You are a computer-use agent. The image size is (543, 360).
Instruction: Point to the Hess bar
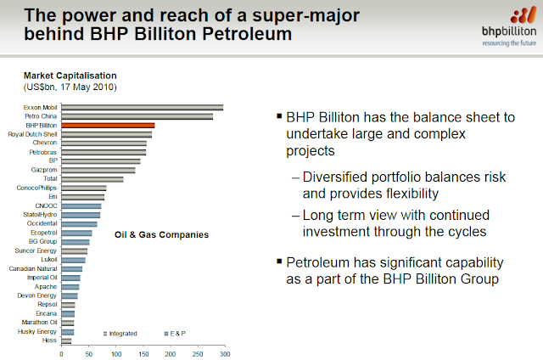pyautogui.click(x=66, y=340)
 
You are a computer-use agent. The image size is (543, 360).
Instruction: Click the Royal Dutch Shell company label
pyautogui.click(x=32, y=134)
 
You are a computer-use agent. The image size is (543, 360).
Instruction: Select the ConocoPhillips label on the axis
pyautogui.click(x=37, y=188)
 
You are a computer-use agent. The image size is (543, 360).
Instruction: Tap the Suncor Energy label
pyautogui.click(x=37, y=250)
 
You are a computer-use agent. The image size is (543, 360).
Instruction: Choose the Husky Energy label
pyautogui.click(x=38, y=331)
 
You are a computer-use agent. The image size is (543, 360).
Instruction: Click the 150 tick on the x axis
pyautogui.click(x=143, y=352)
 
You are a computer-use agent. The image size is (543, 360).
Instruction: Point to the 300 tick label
pyautogui.click(x=224, y=352)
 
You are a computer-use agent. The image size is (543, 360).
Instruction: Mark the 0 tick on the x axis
pyautogui.click(x=61, y=352)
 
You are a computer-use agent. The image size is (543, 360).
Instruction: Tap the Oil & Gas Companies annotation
pyautogui.click(x=161, y=234)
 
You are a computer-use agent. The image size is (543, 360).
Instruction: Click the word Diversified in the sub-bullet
pyautogui.click(x=343, y=177)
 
